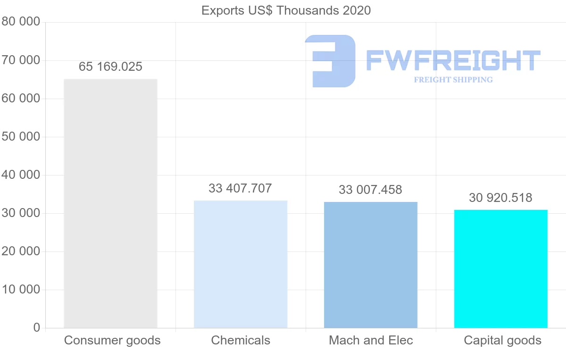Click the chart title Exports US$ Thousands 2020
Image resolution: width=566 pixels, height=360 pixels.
tap(286, 10)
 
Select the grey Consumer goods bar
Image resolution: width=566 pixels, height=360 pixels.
tap(110, 203)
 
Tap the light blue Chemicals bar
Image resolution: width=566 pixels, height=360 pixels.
tap(241, 264)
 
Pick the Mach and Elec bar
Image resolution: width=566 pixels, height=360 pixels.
tap(371, 265)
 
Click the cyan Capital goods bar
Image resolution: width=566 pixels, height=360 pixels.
tap(501, 269)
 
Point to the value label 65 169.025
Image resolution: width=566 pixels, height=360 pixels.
tap(110, 67)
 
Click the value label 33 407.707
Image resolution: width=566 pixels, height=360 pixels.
tap(241, 189)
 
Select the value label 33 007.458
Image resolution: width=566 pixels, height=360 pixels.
tap(371, 190)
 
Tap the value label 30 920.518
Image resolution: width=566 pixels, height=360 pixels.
tap(501, 198)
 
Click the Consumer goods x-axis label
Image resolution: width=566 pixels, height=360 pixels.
tap(112, 341)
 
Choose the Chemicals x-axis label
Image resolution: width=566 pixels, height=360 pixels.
tap(241, 341)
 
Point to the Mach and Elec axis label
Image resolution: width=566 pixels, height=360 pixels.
tap(371, 341)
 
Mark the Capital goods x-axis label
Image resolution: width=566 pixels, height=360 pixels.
tap(503, 341)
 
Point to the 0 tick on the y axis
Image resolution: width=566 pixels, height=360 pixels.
tap(37, 328)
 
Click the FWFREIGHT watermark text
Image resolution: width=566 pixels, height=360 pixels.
tap(453, 60)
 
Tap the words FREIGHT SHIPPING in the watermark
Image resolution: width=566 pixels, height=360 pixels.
tap(453, 80)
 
